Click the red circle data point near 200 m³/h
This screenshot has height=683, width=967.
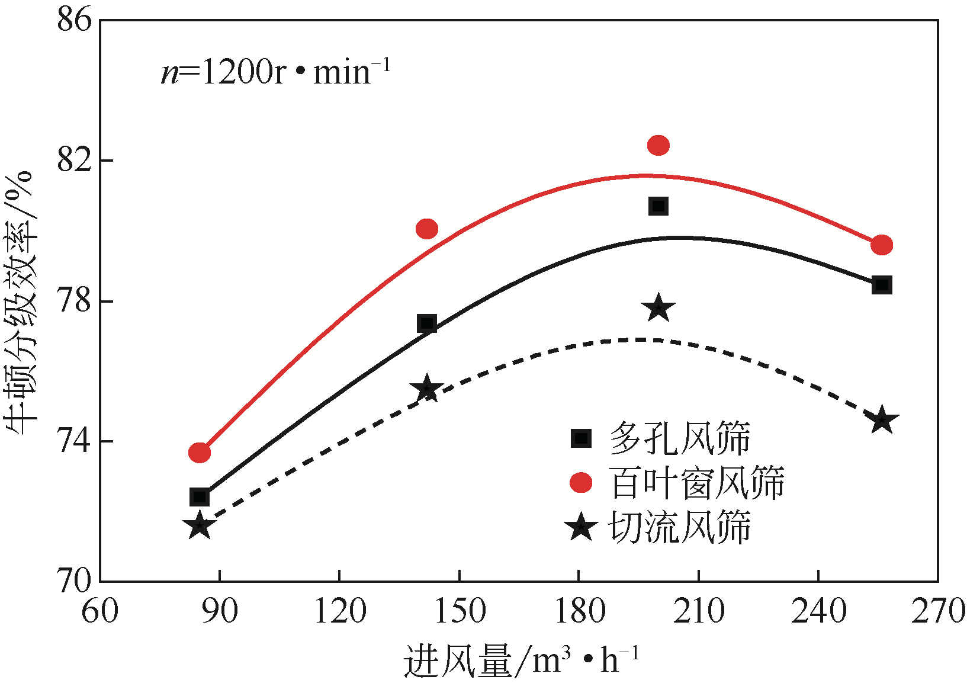tap(658, 145)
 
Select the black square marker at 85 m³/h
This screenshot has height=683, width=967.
tap(200, 496)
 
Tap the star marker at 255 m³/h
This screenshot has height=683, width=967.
tap(882, 420)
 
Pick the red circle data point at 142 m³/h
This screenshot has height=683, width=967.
tap(427, 229)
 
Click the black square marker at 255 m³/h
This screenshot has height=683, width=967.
tap(882, 285)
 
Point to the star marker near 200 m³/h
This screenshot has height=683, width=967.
tap(658, 308)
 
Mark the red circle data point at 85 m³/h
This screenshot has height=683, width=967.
tap(200, 453)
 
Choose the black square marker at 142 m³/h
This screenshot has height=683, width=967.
tap(427, 324)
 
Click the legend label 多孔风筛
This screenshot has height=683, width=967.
tap(679, 438)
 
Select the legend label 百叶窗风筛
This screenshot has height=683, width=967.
tap(696, 483)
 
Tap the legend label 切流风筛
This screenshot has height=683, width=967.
tap(679, 527)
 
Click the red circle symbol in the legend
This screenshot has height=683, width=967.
tap(581, 483)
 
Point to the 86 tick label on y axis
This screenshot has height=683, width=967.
tap(75, 20)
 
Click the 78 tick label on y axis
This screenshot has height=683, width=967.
tap(75, 301)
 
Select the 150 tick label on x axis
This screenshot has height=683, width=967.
tap(460, 610)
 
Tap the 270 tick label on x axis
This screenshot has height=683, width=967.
tap(937, 610)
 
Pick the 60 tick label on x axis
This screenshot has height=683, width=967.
tap(99, 610)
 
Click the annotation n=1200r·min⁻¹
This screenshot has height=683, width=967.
tap(275, 72)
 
